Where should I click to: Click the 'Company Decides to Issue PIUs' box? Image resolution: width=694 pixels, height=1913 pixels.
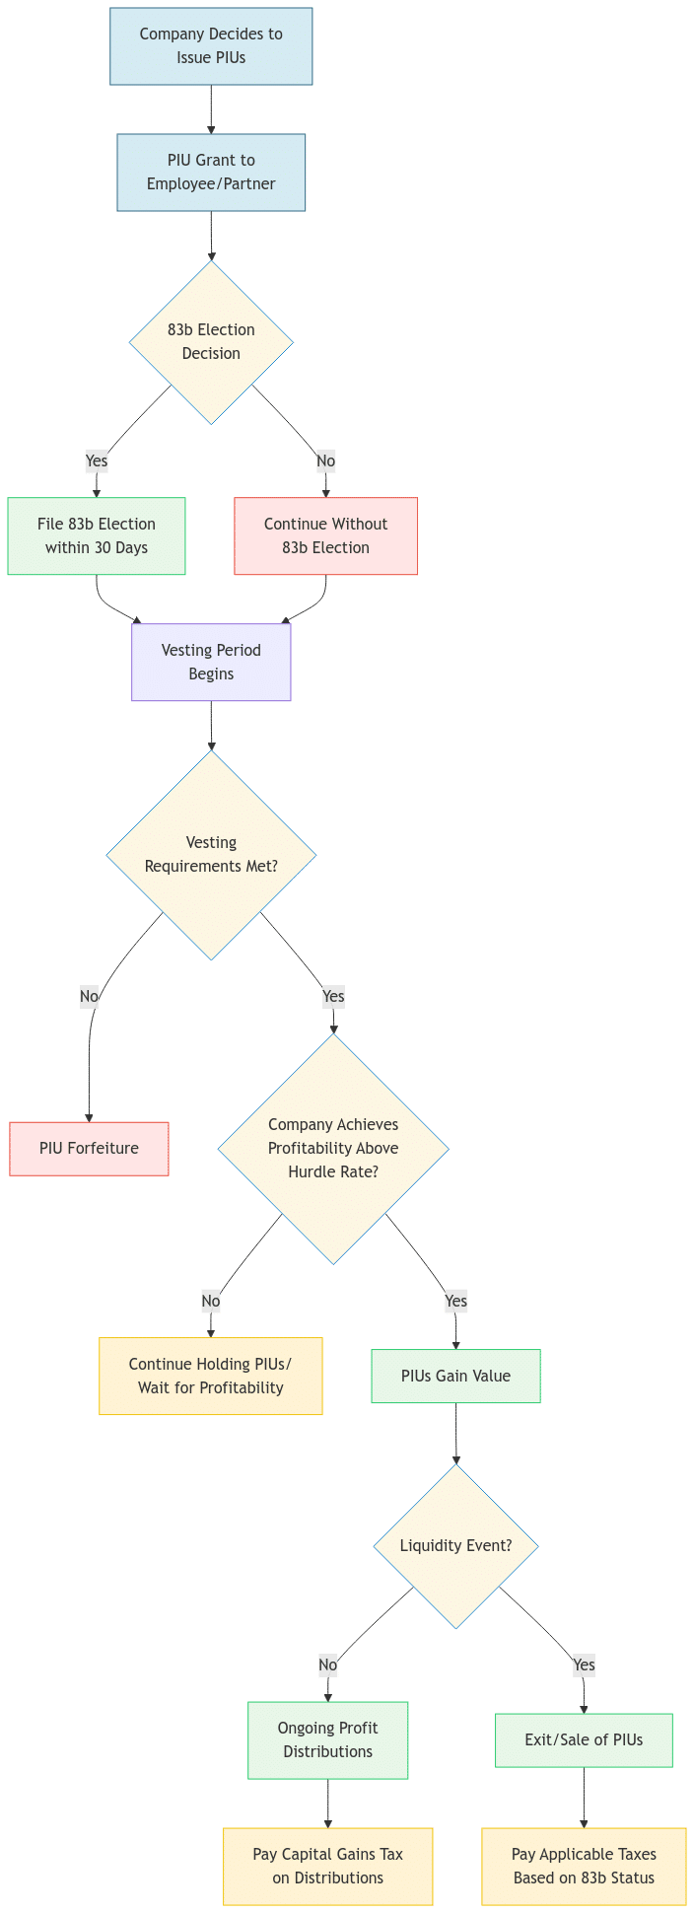(211, 46)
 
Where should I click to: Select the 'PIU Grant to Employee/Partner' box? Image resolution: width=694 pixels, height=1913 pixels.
(211, 173)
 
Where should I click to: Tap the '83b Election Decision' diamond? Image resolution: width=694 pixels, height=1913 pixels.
(211, 342)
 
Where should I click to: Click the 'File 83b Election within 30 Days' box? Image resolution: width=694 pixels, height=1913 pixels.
(97, 535)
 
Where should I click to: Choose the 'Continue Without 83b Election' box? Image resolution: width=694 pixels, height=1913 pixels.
(325, 535)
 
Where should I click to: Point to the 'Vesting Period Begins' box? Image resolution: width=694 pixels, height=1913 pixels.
(211, 662)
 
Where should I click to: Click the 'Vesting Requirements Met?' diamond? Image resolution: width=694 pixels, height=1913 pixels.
(211, 855)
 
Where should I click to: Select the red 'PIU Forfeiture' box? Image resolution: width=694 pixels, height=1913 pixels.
(89, 1149)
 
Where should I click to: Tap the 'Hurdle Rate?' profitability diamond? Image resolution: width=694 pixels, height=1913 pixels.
(333, 1149)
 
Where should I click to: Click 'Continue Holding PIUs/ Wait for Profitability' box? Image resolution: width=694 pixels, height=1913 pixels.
(210, 1376)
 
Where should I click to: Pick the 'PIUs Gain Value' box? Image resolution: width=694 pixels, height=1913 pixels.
(455, 1376)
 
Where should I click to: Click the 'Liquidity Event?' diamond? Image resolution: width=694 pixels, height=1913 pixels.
(455, 1545)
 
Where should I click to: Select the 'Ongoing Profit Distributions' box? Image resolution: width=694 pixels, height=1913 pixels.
(327, 1739)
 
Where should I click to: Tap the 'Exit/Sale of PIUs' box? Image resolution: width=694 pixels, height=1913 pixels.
(584, 1739)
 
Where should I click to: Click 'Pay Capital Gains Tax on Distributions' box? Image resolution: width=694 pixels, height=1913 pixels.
(327, 1866)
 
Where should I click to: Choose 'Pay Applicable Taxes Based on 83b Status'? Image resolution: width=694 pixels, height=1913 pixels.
(584, 1866)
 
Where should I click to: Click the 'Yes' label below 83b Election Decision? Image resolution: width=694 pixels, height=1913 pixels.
(97, 461)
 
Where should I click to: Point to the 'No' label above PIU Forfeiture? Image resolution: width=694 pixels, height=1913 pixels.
(89, 996)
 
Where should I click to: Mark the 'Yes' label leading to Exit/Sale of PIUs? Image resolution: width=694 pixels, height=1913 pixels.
(584, 1665)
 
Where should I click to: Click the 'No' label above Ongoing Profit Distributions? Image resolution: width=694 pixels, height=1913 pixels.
(328, 1665)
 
